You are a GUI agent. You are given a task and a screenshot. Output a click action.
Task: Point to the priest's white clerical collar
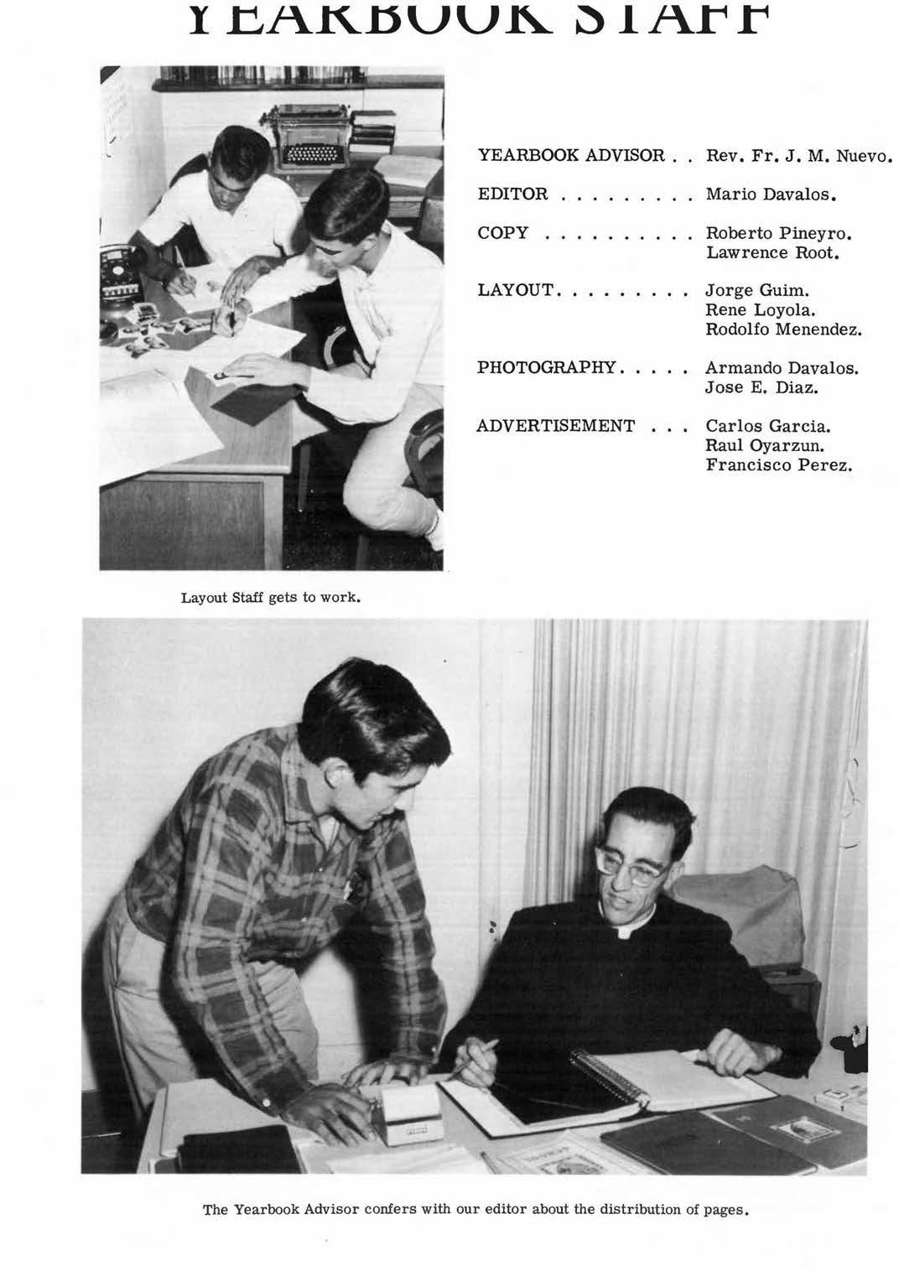point(625,931)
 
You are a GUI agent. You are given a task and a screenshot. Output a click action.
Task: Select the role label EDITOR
point(512,195)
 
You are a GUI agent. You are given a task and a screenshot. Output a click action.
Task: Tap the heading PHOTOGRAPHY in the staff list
point(546,367)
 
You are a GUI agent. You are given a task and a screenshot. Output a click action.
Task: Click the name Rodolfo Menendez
point(783,329)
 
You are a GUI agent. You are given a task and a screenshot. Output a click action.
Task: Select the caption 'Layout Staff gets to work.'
point(271,599)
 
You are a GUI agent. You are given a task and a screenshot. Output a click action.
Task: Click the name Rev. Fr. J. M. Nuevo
point(797,156)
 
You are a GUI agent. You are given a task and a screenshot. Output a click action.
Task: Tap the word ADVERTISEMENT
point(555,426)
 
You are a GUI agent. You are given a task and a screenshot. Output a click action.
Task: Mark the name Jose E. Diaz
point(761,387)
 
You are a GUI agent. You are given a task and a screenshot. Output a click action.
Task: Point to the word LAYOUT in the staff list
point(515,290)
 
